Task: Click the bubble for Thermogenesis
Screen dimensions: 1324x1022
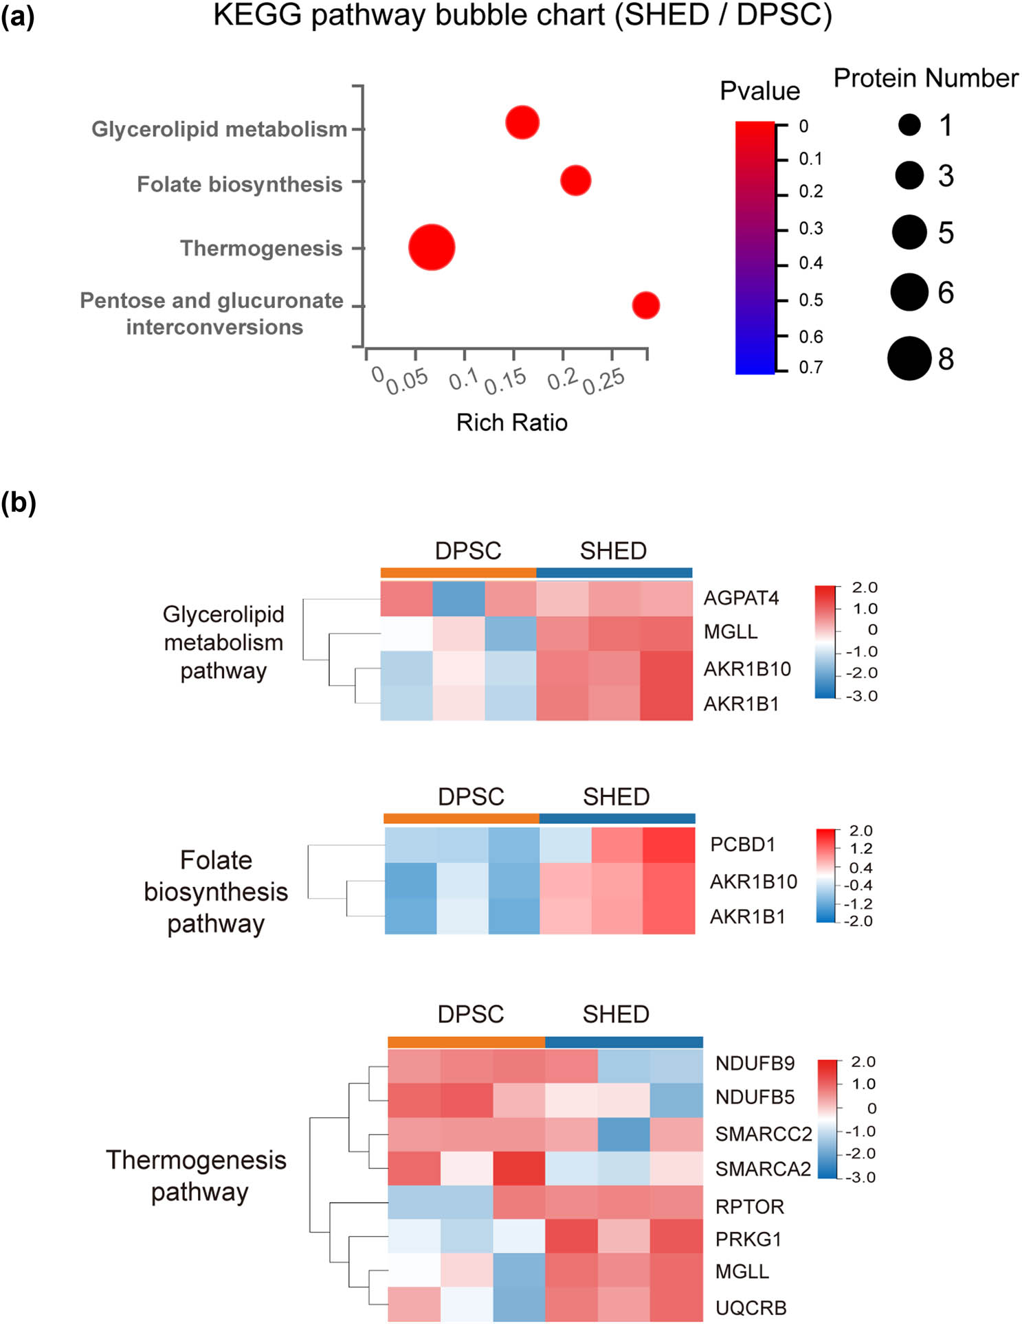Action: [x=431, y=247]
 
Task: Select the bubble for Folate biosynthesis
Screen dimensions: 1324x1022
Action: [x=575, y=181]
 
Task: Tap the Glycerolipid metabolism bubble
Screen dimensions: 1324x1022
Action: [x=522, y=123]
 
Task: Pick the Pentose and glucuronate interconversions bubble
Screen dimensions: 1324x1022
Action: [x=645, y=305]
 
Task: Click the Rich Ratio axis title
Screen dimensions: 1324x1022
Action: [x=511, y=423]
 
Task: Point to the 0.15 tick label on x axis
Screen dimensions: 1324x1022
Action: [x=505, y=381]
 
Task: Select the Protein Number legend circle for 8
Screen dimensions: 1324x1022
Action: [x=909, y=359]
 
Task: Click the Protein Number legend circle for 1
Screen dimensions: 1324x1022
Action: [x=909, y=125]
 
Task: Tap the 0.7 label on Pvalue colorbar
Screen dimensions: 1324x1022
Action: [x=810, y=368]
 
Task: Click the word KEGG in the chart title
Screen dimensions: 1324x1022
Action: [x=257, y=15]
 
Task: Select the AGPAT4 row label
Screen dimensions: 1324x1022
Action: [x=741, y=598]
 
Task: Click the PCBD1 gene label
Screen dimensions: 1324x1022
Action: [x=742, y=844]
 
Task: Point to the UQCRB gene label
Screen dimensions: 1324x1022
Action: [x=751, y=1308]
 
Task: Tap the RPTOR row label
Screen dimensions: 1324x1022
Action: [x=749, y=1207]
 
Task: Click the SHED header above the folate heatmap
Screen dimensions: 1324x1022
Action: [x=616, y=797]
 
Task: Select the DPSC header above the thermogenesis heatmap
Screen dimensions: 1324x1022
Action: [x=471, y=1014]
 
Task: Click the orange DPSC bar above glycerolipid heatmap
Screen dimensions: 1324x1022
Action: [x=458, y=573]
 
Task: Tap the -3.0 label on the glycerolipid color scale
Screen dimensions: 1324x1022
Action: [x=862, y=696]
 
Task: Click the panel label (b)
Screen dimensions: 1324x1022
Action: [x=19, y=502]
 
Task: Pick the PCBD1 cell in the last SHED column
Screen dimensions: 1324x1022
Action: [x=669, y=845]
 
